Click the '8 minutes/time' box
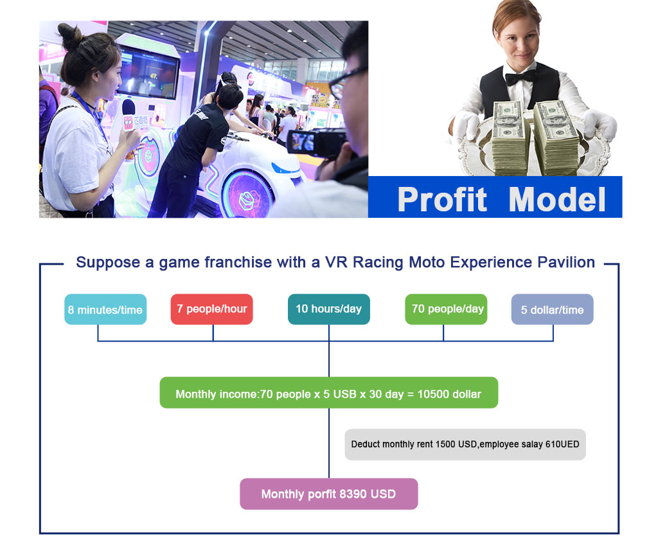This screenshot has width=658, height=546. click(105, 310)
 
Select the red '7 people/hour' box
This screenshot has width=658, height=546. click(212, 310)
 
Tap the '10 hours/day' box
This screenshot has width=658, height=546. click(329, 310)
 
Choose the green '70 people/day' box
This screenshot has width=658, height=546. click(446, 310)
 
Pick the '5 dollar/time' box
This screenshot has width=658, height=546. click(552, 310)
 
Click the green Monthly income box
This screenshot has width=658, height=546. click(329, 393)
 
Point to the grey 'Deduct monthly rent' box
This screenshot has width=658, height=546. click(465, 445)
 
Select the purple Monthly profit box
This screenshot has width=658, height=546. click(329, 494)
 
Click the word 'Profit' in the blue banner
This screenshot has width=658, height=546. click(442, 200)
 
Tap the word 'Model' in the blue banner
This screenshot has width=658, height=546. click(557, 200)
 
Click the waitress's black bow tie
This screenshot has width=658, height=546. click(520, 77)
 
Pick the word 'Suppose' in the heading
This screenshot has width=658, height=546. click(108, 263)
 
